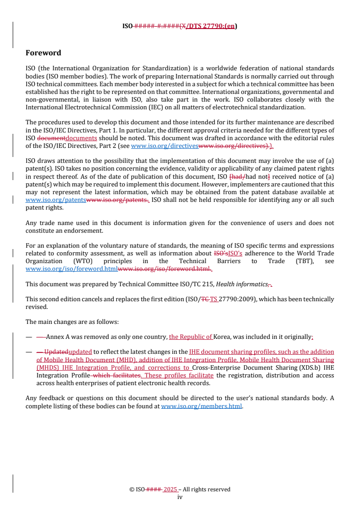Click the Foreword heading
[x=43, y=53]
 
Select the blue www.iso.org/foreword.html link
[x=71, y=269]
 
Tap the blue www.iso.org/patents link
[x=55, y=201]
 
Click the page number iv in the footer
[x=180, y=497]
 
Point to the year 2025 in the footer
[x=170, y=489]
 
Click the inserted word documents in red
[x=81, y=138]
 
